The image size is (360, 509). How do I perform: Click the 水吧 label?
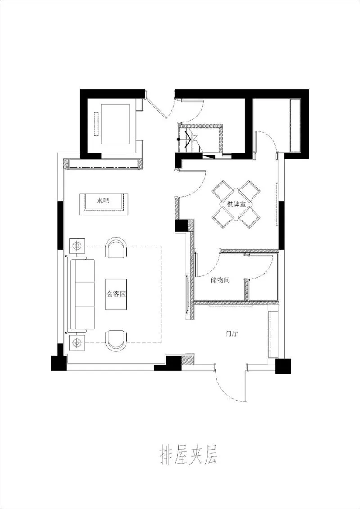point(103,201)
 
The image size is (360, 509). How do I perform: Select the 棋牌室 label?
point(236,204)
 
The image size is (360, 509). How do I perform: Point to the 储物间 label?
point(220,280)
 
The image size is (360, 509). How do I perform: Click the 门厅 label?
point(232,334)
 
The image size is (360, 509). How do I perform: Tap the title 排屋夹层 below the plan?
point(189,455)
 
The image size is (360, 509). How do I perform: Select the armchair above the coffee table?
point(116,248)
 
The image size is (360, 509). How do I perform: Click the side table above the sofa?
point(78,246)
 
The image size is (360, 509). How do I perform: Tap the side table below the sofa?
point(78,342)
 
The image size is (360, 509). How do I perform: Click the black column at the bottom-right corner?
point(283,366)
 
